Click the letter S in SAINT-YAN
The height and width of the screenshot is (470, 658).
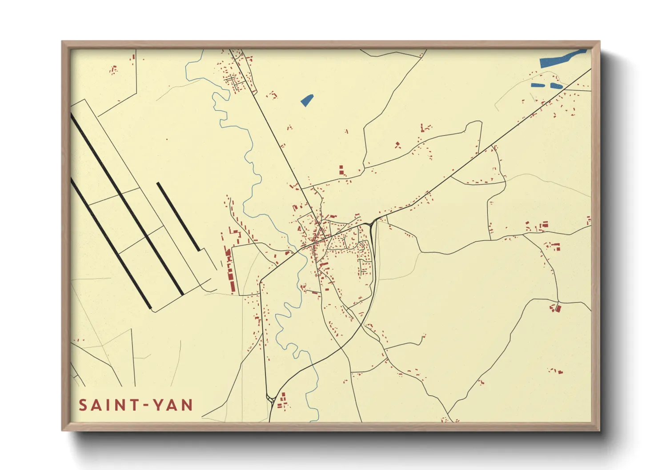pos(83,405)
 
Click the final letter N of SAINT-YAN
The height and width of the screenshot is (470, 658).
pos(187,405)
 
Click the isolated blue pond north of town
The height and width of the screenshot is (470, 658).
pos(307,100)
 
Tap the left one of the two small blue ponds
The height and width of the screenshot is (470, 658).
pos(538,85)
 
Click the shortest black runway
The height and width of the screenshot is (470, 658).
pos(178,216)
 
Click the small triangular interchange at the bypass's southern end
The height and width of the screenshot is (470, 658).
pos(270,398)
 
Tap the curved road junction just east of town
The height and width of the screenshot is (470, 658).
pos(372,222)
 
